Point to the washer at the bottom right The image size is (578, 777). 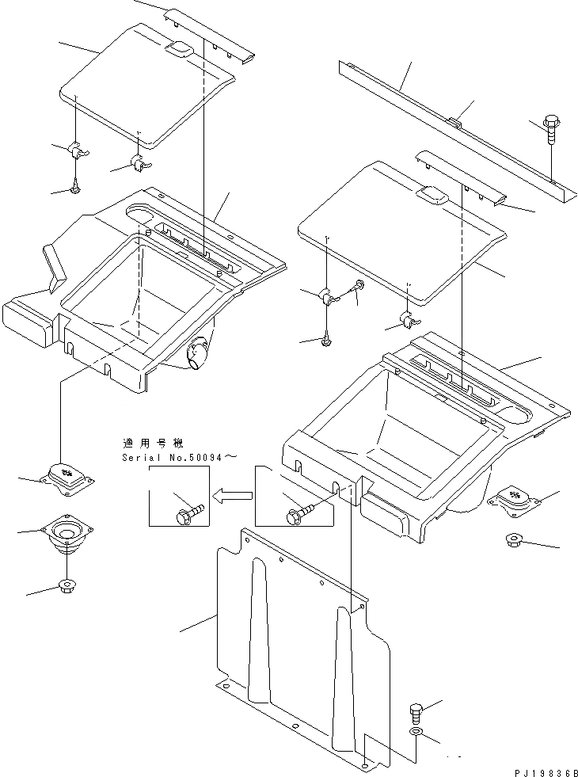(x=416, y=730)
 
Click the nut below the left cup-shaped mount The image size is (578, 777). (x=67, y=587)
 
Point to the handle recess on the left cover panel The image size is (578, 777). (x=177, y=50)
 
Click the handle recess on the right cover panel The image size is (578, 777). (x=434, y=193)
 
